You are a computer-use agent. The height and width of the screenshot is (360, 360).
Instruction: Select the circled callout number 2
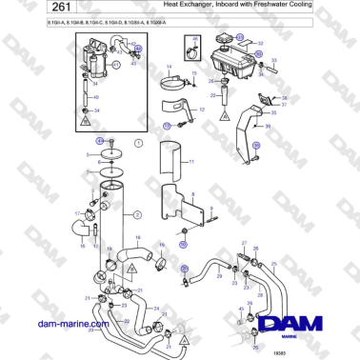click(137, 215)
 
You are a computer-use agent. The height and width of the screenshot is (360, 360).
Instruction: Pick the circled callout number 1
click(138, 143)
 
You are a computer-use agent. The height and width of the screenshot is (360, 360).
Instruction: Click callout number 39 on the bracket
click(268, 125)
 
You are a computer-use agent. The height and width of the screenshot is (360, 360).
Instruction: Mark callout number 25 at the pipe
click(274, 264)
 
